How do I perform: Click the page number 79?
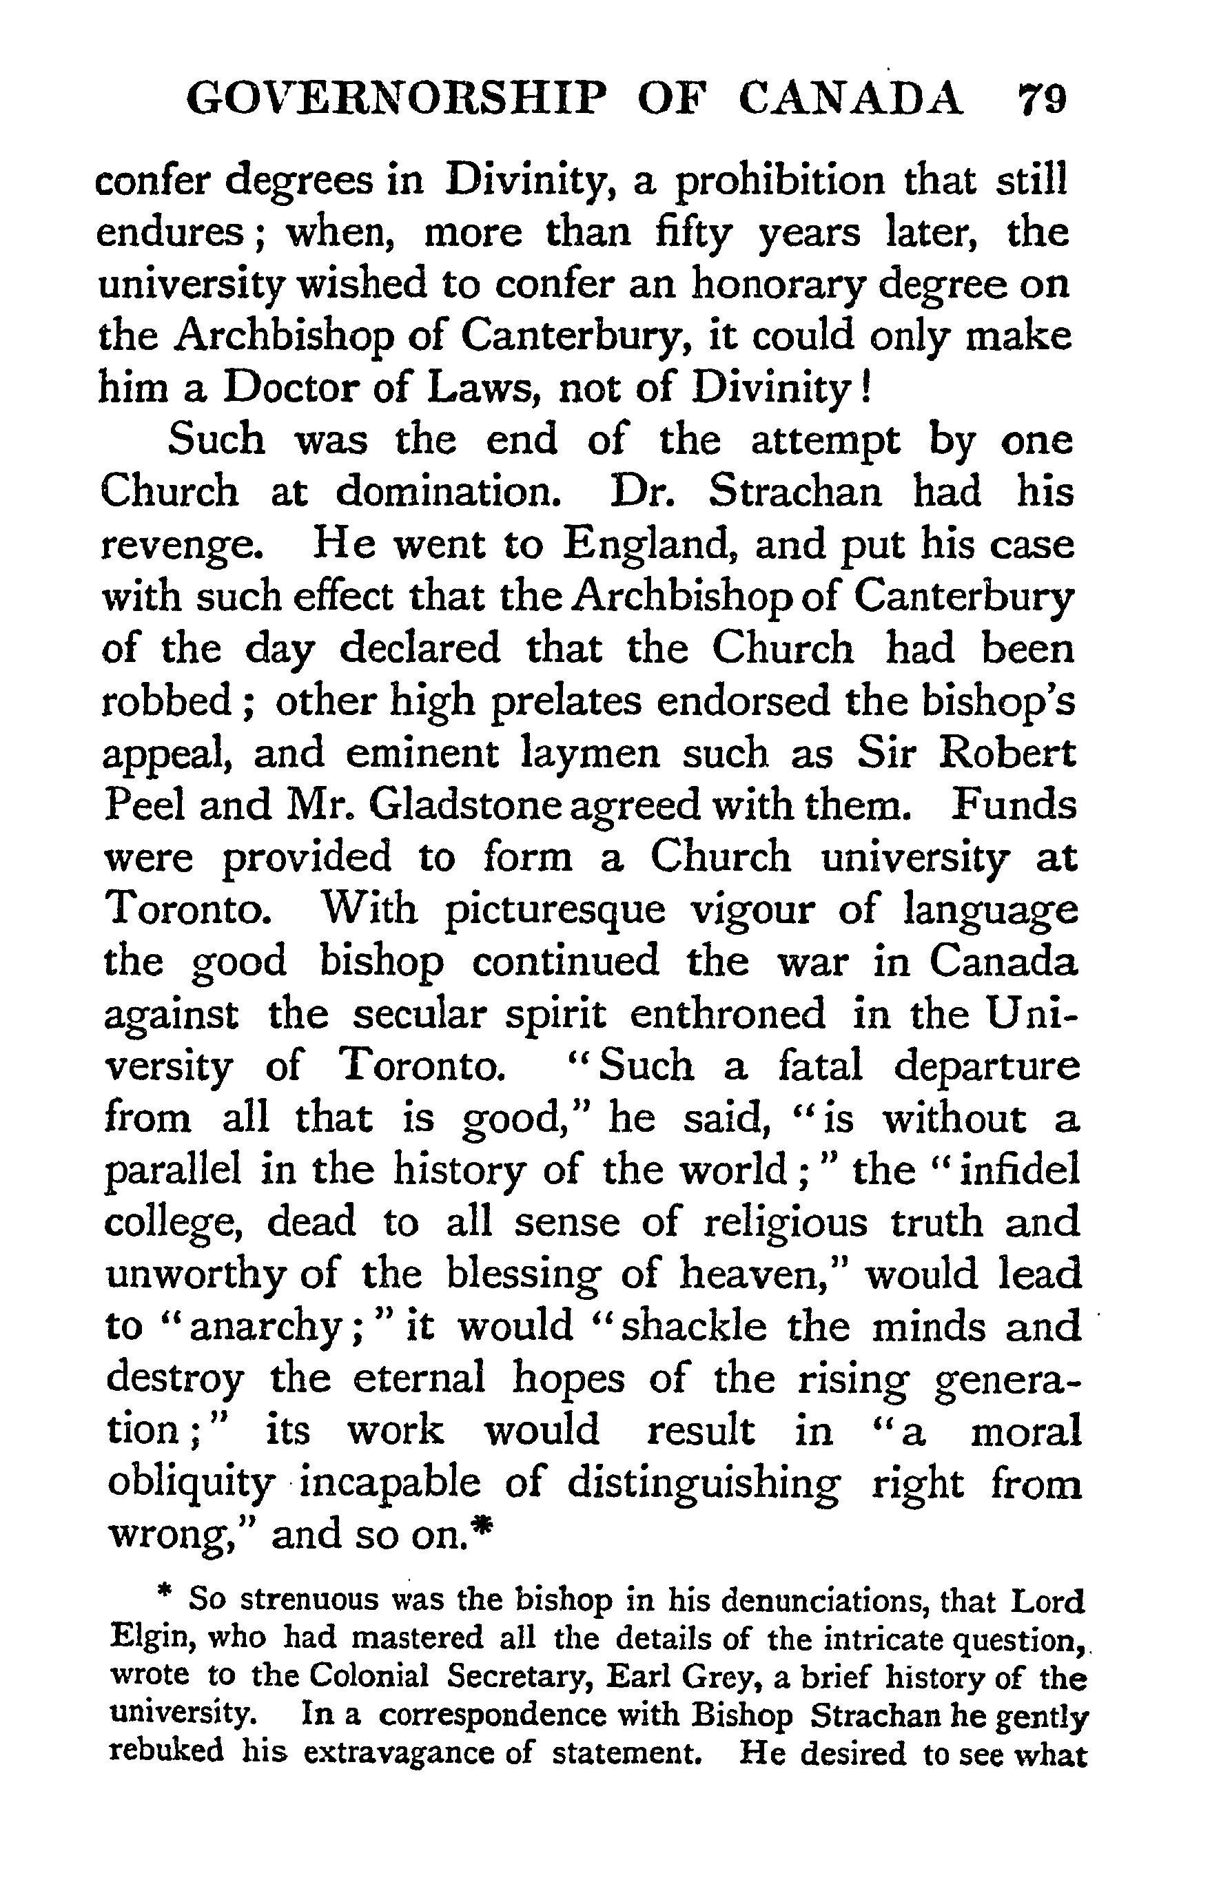tap(1042, 101)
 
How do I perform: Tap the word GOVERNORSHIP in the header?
tap(397, 101)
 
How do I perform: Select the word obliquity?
tap(190, 1485)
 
